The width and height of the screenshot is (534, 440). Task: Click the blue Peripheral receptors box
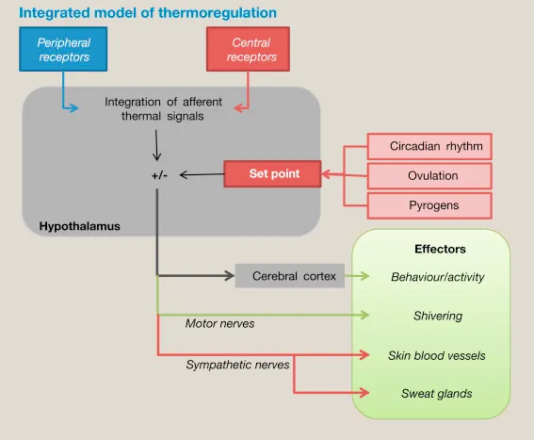tap(63, 50)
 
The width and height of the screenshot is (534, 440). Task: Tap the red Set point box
tap(273, 174)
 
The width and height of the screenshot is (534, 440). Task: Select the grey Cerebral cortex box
tap(287, 276)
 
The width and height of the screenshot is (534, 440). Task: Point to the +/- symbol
tap(158, 175)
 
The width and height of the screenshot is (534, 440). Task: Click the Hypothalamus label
tap(79, 227)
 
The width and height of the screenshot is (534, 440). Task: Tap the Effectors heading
tap(440, 249)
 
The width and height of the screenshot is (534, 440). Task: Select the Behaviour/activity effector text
tap(437, 277)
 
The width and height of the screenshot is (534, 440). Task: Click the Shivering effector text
tap(437, 316)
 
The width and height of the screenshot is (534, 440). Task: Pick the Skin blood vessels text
tap(437, 355)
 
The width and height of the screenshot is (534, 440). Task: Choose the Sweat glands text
tap(437, 393)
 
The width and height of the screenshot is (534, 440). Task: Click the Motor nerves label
tap(219, 323)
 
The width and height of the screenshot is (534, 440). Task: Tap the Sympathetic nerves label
tap(237, 363)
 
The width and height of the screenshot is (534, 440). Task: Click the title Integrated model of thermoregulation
tap(148, 13)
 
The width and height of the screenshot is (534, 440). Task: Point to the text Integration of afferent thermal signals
tap(167, 109)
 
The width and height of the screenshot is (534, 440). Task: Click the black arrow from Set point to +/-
tap(201, 174)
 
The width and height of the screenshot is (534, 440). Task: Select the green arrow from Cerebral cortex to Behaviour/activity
tap(360, 276)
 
